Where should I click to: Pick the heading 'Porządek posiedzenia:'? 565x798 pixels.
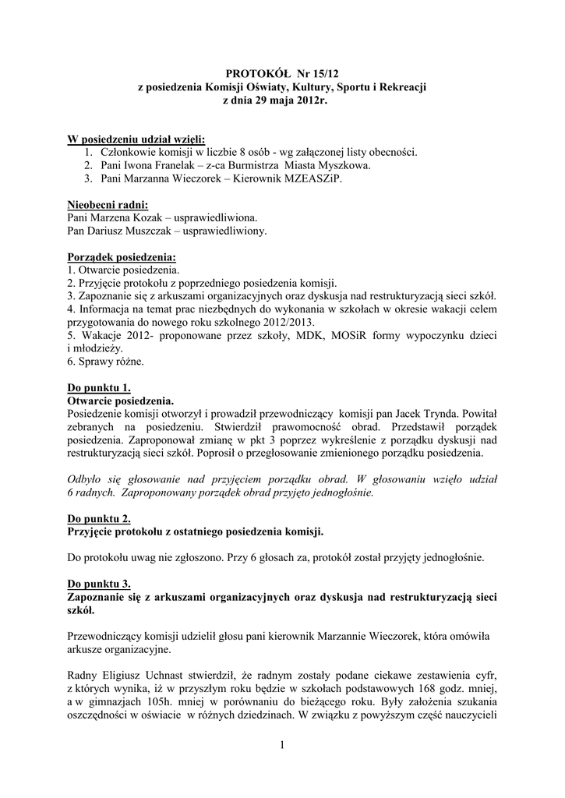122,256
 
